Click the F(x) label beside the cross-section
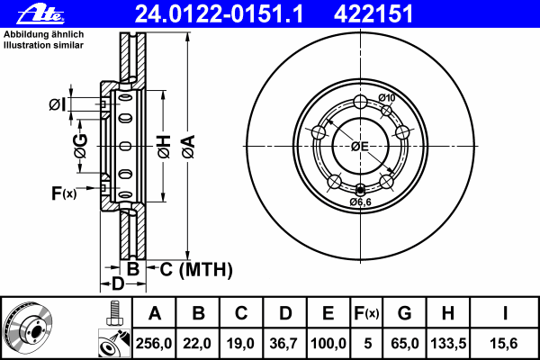tap(64, 193)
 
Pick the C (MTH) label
tap(195, 269)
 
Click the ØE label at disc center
tap(360, 146)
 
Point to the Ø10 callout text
tap(386, 97)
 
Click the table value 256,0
tap(155, 343)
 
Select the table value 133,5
tap(447, 343)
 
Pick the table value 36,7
tap(285, 343)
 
